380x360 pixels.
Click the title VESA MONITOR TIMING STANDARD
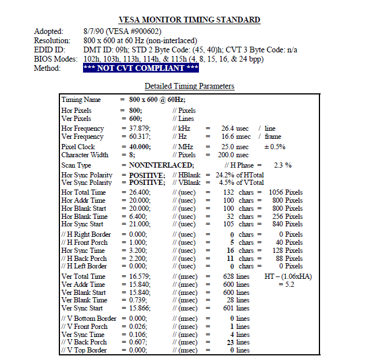pos(190,20)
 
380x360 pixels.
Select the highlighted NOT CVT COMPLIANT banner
pos(141,68)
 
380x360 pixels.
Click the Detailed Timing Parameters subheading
pos(189,86)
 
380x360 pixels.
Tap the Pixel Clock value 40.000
pos(140,147)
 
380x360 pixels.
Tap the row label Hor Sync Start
pos(83,224)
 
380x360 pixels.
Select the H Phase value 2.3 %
pos(283,165)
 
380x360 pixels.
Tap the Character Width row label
pos(85,155)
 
